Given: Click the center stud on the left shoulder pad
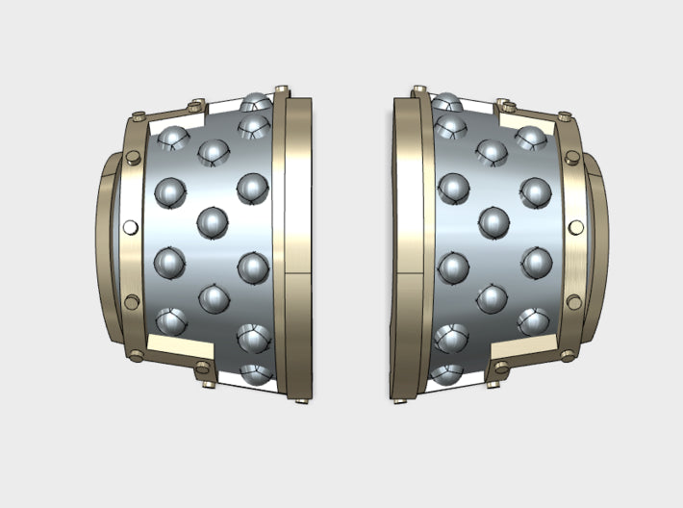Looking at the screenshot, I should (213, 223).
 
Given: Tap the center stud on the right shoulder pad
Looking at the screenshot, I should (493, 222).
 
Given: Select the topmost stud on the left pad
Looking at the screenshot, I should (256, 102).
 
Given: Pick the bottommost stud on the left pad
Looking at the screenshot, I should (256, 373).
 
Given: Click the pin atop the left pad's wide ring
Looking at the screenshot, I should (283, 90).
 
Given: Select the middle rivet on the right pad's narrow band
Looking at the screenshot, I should (575, 228).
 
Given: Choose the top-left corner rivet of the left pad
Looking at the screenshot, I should (137, 118).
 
